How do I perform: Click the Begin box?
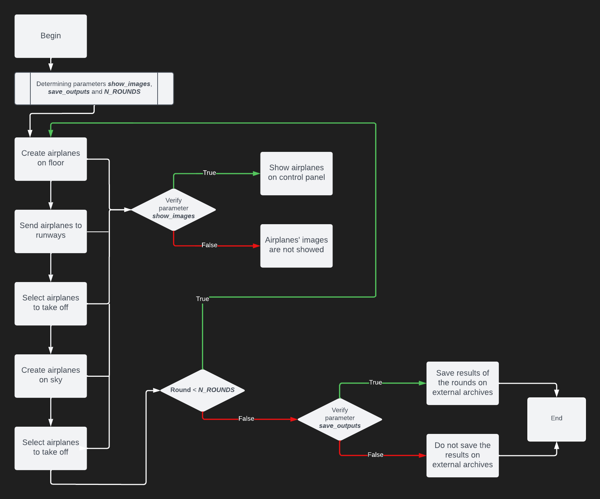pyautogui.click(x=51, y=36)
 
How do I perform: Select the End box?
pyautogui.click(x=556, y=419)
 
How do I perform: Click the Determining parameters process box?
pyautogui.click(x=94, y=89)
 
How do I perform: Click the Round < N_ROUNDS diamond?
pyautogui.click(x=202, y=390)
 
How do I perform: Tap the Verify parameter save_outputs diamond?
pyautogui.click(x=340, y=419)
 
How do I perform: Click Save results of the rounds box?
pyautogui.click(x=462, y=383)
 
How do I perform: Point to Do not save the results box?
pyautogui.click(x=462, y=456)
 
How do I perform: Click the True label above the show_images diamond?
pyautogui.click(x=209, y=173)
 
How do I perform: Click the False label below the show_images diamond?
pyautogui.click(x=209, y=245)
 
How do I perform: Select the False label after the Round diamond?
pyautogui.click(x=246, y=418)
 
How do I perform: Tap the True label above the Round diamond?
pyautogui.click(x=202, y=299)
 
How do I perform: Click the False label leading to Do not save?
pyautogui.click(x=375, y=455)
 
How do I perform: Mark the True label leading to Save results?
pyautogui.click(x=375, y=383)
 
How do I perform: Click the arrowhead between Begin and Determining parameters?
pyautogui.click(x=51, y=67)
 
